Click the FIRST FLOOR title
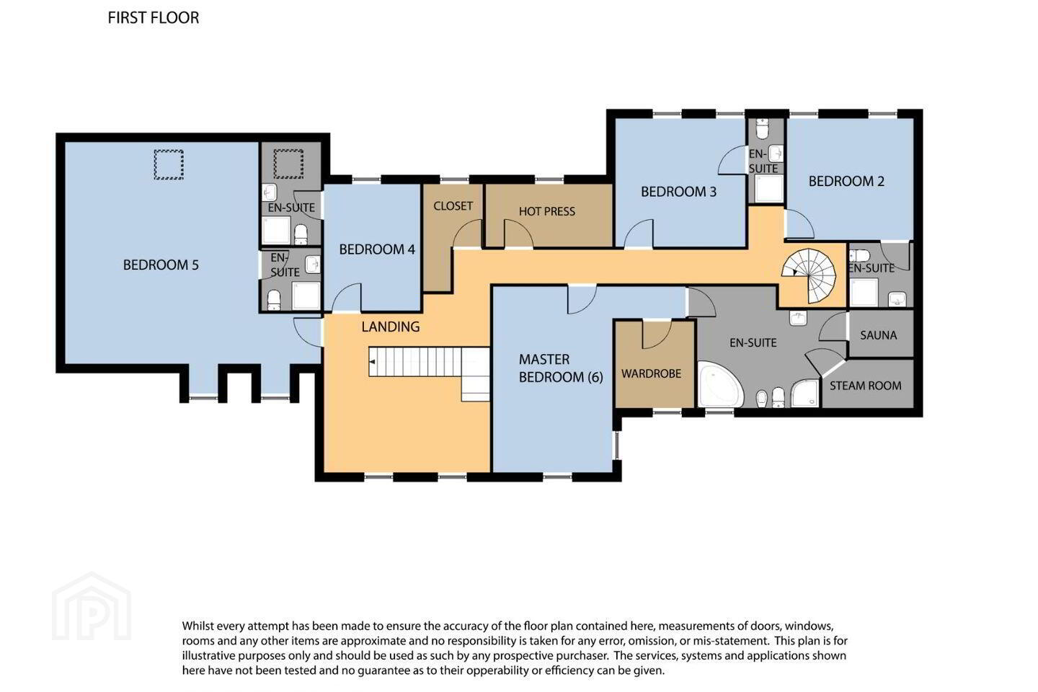[x=154, y=17]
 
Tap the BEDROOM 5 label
[x=161, y=265]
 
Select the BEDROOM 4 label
[x=377, y=249]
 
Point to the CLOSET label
[x=453, y=205]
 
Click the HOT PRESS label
[x=547, y=211]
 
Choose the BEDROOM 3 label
[x=678, y=192]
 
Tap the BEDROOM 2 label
[x=846, y=181]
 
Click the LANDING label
[x=390, y=327]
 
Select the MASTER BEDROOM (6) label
[x=561, y=368]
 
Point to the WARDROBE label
[x=651, y=373]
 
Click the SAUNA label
[x=878, y=335]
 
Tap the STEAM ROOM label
[x=865, y=386]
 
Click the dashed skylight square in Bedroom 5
[x=169, y=164]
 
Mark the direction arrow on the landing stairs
[x=372, y=362]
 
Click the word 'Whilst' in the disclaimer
[x=198, y=626]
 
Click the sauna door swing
[x=833, y=327]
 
